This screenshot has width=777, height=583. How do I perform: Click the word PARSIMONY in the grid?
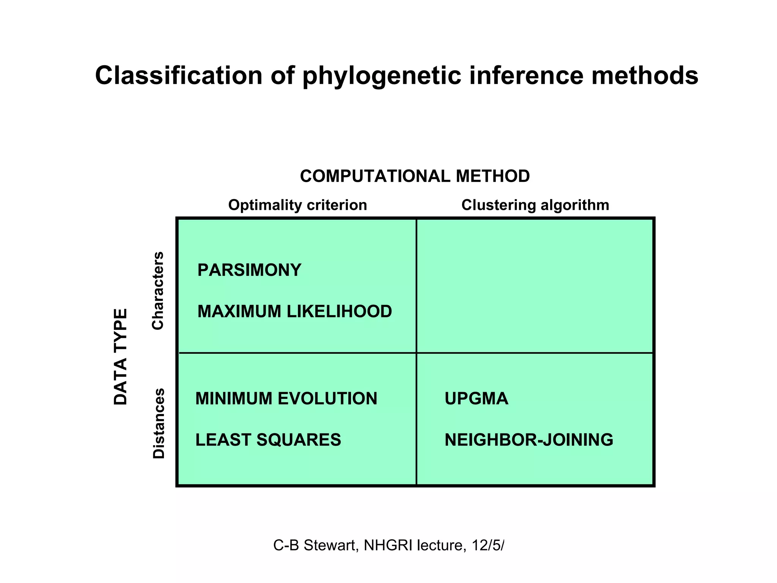249,270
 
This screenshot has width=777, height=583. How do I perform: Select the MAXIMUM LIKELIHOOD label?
294,312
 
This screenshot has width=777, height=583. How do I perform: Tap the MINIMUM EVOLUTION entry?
286,399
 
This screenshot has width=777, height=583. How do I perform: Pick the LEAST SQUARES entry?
268,440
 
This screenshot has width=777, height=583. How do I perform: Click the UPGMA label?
476,399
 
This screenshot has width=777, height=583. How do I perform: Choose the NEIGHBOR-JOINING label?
528,440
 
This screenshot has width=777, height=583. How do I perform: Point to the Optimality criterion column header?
297,205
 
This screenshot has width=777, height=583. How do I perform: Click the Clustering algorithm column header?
535,205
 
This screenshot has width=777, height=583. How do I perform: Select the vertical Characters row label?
158,290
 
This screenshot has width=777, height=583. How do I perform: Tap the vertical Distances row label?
159,423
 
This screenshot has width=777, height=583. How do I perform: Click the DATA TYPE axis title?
121,357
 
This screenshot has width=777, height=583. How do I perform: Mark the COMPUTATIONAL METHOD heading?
415,176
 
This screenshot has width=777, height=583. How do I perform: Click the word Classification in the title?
179,75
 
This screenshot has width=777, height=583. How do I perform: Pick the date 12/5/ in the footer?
488,545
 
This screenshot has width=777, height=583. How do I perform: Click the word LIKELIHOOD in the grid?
339,312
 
